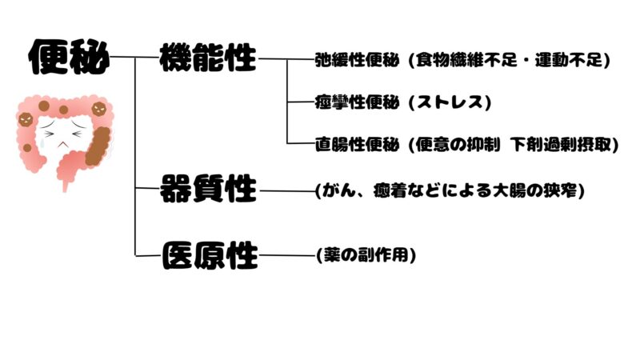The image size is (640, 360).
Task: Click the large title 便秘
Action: pyautogui.click(x=69, y=57)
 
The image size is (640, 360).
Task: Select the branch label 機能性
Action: pyautogui.click(x=208, y=58)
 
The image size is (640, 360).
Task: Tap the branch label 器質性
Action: pyautogui.click(x=208, y=189)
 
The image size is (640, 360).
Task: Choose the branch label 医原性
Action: pyautogui.click(x=210, y=255)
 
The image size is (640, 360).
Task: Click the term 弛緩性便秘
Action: pyautogui.click(x=357, y=60)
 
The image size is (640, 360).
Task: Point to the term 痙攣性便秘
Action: pyautogui.click(x=357, y=102)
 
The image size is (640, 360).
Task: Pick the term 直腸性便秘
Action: pyautogui.click(x=357, y=144)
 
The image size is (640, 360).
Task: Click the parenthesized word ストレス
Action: pyautogui.click(x=450, y=102)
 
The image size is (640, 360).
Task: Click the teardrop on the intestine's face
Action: pyautogui.click(x=42, y=143)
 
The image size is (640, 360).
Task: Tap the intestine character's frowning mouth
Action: pyautogui.click(x=62, y=144)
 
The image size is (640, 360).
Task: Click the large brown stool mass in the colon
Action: pyautogui.click(x=98, y=146)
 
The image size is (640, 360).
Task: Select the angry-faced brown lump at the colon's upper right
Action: pyautogui.click(x=98, y=109)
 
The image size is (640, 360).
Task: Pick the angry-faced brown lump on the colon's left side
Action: pyautogui.click(x=26, y=120)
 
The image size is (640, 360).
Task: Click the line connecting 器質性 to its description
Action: pyautogui.click(x=288, y=190)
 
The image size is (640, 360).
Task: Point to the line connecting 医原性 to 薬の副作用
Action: pyautogui.click(x=288, y=255)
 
